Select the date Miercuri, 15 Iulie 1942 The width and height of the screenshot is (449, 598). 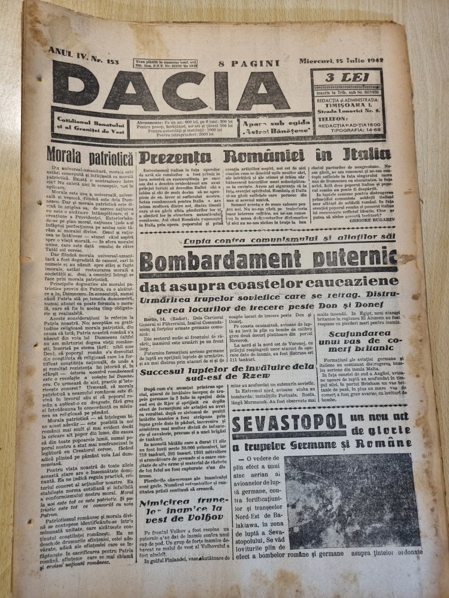339,62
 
